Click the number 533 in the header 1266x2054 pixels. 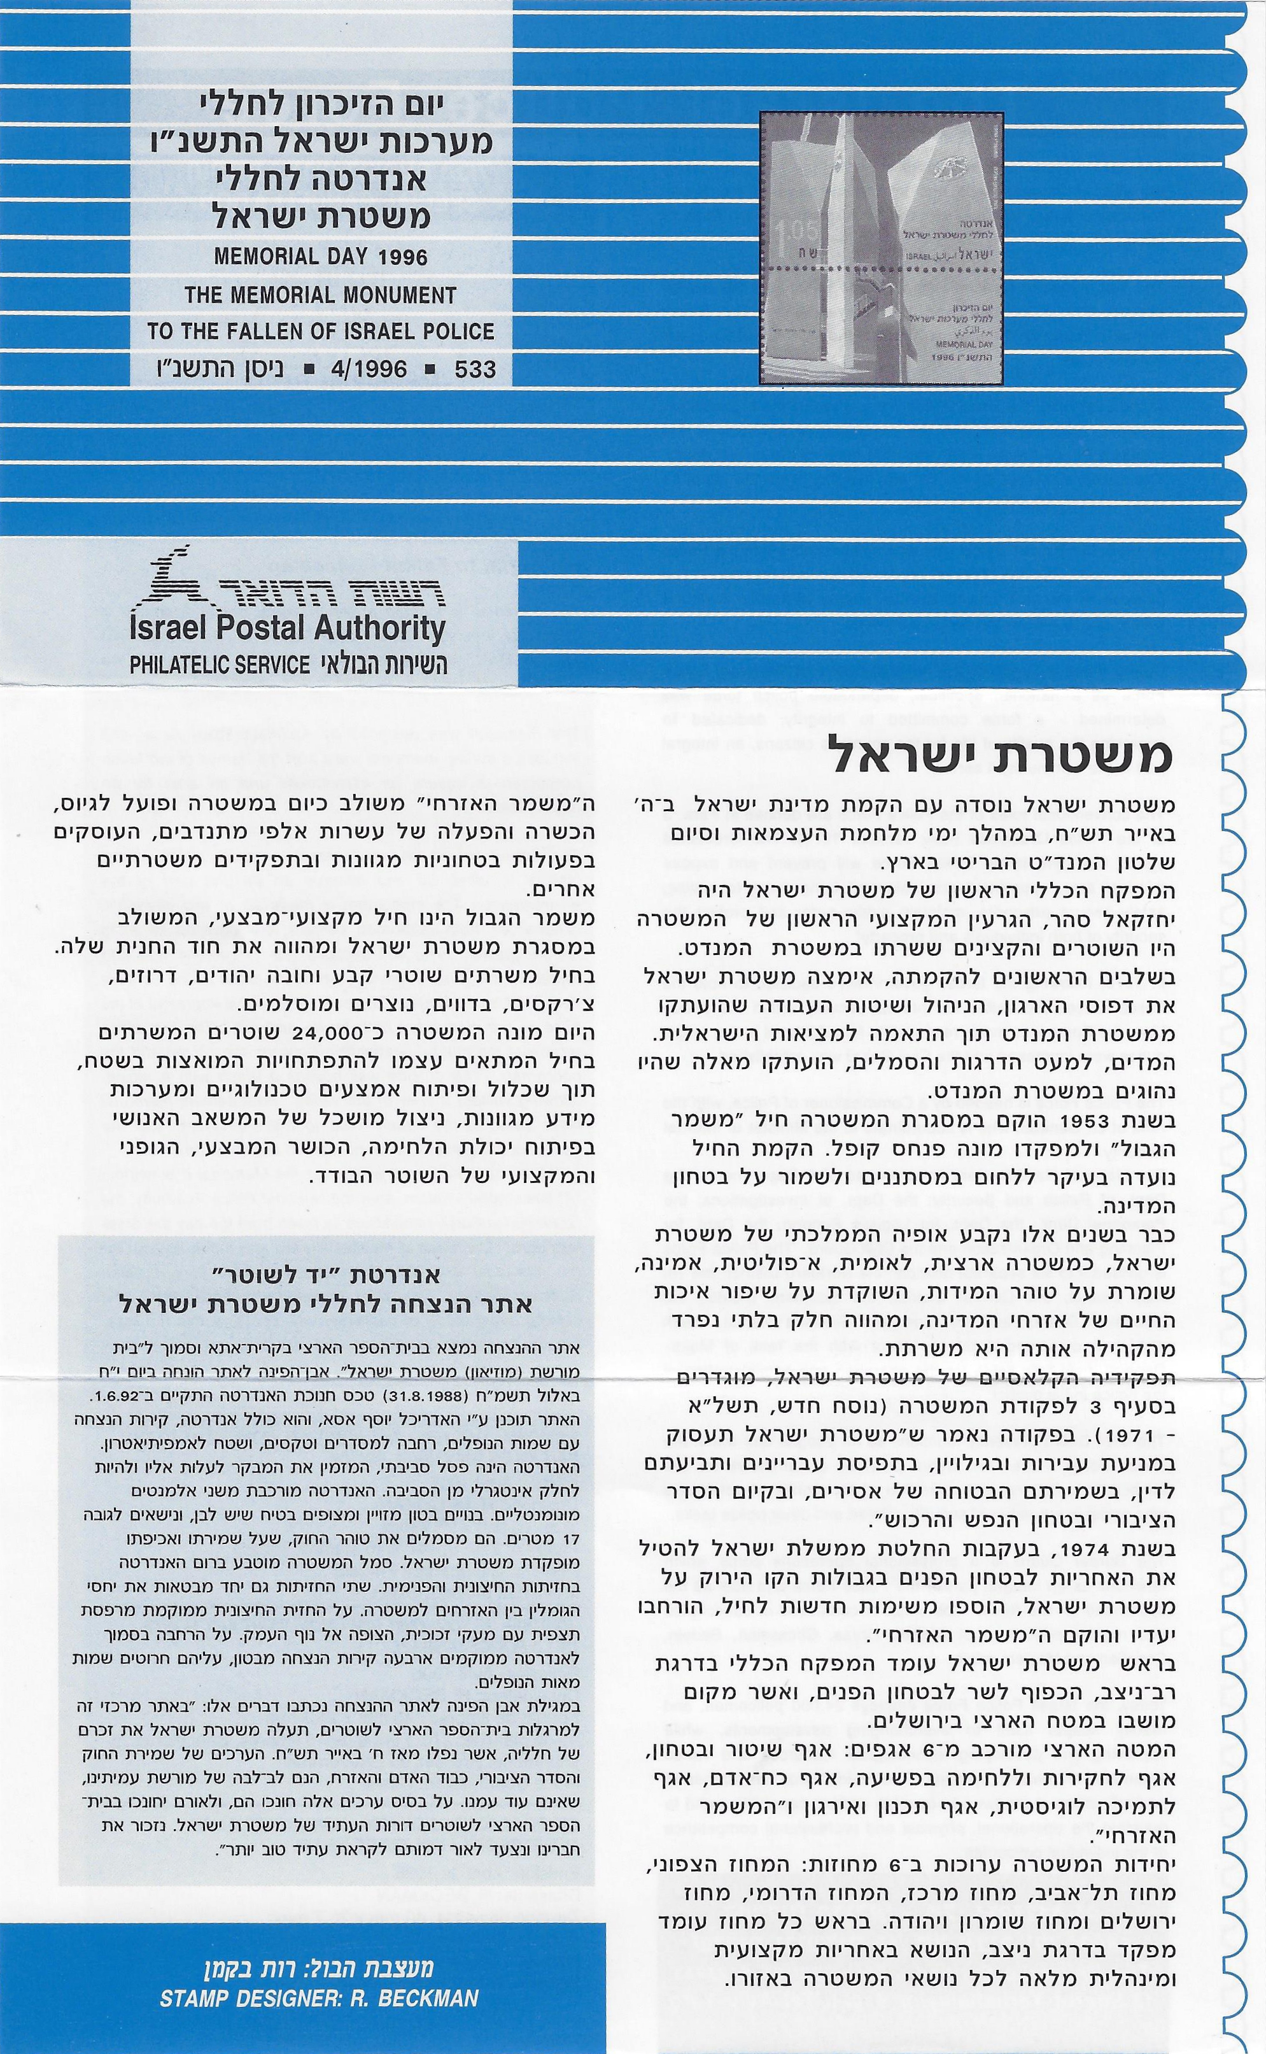pos(475,369)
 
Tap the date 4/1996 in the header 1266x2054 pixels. pos(369,369)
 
